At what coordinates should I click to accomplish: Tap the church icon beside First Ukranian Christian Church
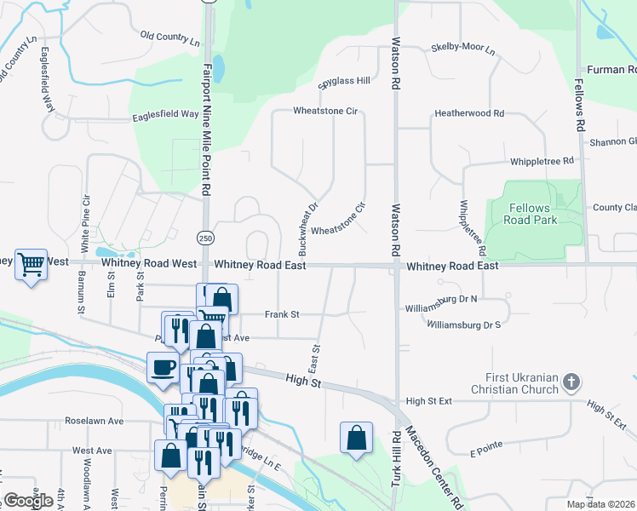tap(571, 383)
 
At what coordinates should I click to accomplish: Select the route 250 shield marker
tap(207, 236)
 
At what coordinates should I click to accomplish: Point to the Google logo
tap(28, 500)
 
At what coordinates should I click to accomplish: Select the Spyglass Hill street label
tap(344, 81)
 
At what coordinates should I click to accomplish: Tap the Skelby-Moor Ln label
tap(462, 48)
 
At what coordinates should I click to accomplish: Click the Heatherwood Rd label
tap(469, 112)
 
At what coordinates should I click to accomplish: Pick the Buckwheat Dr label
tap(307, 228)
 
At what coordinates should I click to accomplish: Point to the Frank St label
tap(282, 314)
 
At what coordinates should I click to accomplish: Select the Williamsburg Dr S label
tap(463, 324)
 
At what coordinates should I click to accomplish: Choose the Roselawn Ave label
tap(95, 421)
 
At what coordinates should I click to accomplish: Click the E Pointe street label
tap(483, 444)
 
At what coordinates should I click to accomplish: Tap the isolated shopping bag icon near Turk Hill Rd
tap(356, 438)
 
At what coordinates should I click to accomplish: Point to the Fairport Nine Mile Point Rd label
tap(207, 128)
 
